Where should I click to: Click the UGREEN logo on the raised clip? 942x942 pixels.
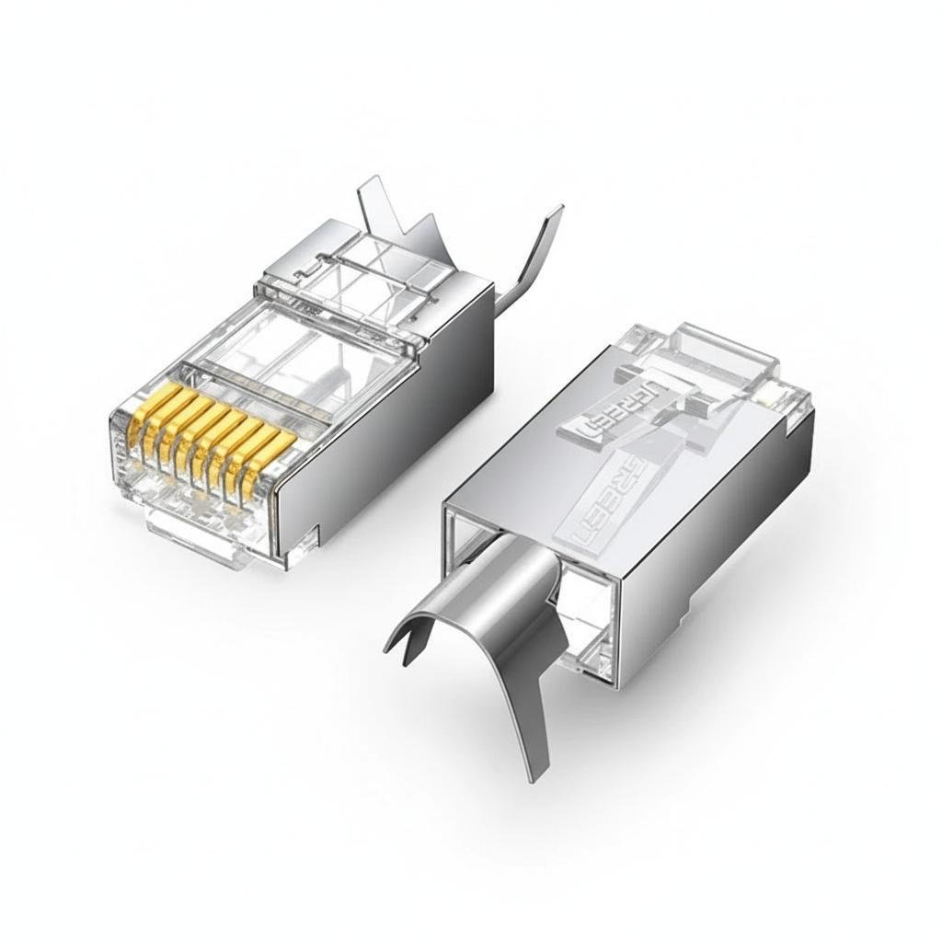point(612,405)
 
